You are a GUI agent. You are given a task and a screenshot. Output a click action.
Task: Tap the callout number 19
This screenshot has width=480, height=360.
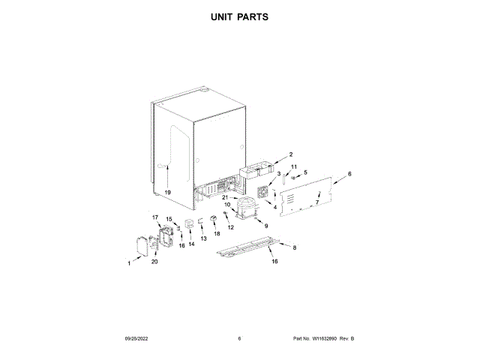(x=168, y=193)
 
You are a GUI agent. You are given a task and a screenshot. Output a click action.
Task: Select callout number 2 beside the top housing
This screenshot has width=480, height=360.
(x=290, y=154)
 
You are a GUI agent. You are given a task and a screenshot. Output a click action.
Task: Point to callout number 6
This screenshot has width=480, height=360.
(x=349, y=174)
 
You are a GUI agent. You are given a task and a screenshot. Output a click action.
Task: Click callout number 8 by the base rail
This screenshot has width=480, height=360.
(x=294, y=247)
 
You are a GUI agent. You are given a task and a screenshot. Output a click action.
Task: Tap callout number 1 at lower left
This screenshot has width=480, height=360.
(x=128, y=263)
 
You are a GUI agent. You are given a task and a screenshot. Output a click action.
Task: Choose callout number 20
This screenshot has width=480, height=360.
(x=154, y=262)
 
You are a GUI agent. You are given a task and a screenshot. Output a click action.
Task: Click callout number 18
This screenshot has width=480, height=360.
(x=217, y=234)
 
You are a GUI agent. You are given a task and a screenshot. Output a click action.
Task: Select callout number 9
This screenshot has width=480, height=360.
(x=265, y=224)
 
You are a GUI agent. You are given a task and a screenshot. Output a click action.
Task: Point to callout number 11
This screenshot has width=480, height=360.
(x=294, y=166)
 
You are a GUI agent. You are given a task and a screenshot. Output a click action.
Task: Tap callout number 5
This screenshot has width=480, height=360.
(x=305, y=173)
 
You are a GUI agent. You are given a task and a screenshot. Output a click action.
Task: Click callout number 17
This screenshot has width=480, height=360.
(x=156, y=217)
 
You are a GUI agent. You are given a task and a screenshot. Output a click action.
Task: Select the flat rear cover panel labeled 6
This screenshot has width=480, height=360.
(x=307, y=196)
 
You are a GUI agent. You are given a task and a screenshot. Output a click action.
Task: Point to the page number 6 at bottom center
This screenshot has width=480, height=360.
(x=239, y=339)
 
